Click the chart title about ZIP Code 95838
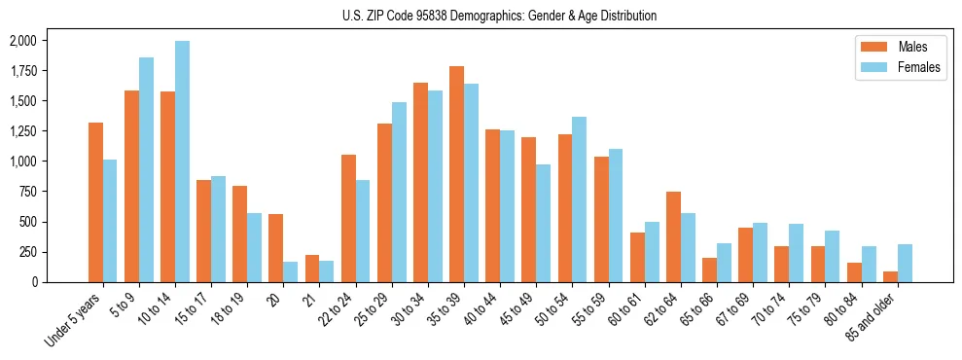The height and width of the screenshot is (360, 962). coord(499,16)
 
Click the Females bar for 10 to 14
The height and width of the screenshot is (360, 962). coord(183,162)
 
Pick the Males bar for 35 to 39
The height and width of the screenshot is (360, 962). coord(456,174)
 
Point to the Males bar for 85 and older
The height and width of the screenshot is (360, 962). coord(890,276)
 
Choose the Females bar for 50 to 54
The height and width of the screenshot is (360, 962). coord(580,199)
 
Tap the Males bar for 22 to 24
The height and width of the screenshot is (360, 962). coord(348,218)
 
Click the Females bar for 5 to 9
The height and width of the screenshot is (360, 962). coord(147,169)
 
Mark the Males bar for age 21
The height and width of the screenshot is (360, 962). coord(312,269)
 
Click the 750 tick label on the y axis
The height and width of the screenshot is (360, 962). coord(27,192)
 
